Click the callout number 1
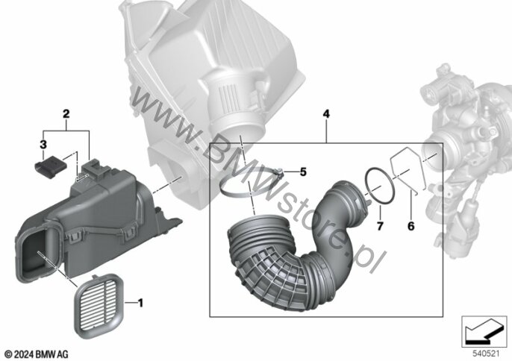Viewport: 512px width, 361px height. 140,303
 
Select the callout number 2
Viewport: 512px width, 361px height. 66,114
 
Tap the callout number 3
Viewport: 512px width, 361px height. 43,144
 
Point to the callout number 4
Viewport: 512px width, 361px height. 326,114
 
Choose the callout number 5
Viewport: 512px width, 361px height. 303,172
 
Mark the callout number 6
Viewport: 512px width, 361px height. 410,225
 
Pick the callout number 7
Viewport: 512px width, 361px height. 380,225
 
